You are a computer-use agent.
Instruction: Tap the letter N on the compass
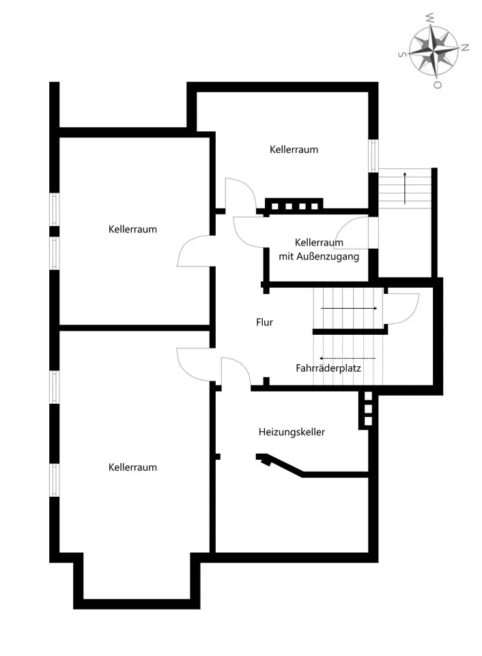(x=465, y=47)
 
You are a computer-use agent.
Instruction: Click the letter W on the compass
(x=429, y=18)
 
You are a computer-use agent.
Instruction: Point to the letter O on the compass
(x=437, y=85)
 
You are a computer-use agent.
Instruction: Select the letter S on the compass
(x=401, y=55)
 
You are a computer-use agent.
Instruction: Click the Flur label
(x=264, y=322)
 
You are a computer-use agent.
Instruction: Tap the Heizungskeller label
(x=292, y=432)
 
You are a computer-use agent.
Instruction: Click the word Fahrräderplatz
(x=328, y=368)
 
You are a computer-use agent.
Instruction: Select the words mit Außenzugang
(x=319, y=256)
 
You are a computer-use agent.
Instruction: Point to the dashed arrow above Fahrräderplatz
(x=347, y=359)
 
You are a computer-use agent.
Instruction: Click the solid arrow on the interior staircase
(x=349, y=309)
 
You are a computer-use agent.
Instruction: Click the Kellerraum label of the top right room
(x=294, y=150)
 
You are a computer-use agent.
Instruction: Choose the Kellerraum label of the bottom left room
(x=132, y=467)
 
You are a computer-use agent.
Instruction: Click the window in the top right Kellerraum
(x=373, y=155)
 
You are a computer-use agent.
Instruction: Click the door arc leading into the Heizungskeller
(x=240, y=364)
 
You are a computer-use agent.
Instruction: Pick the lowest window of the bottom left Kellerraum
(x=55, y=480)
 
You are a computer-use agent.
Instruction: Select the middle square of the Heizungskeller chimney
(x=368, y=409)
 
